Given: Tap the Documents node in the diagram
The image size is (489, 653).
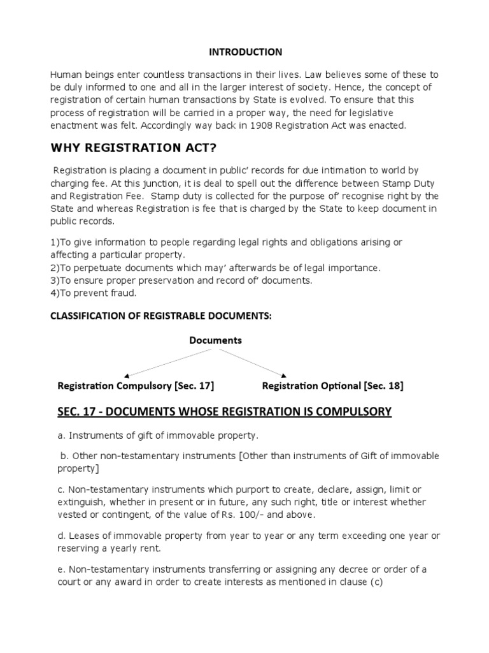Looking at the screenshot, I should [215, 341].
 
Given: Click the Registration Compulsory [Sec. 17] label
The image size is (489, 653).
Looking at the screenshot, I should [136, 386].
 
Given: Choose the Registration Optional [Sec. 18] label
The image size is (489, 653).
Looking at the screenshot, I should [332, 386].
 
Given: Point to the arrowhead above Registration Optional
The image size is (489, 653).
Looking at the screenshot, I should [284, 375].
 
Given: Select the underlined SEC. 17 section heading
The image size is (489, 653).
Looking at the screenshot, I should [224, 412].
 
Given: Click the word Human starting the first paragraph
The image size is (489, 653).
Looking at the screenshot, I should [66, 75].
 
